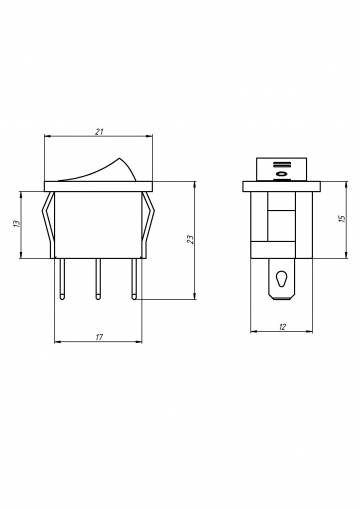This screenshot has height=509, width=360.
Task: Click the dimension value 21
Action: (x=99, y=132)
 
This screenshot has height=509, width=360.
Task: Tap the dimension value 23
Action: (x=191, y=239)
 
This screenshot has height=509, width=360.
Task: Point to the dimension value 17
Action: (x=99, y=337)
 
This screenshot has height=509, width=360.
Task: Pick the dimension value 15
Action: (x=342, y=219)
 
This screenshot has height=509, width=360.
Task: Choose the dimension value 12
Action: (x=282, y=327)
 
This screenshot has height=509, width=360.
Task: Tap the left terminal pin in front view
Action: (x=62, y=279)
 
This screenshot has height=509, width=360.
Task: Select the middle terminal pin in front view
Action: (x=98, y=279)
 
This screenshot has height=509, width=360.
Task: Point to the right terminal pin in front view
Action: (x=134, y=279)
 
